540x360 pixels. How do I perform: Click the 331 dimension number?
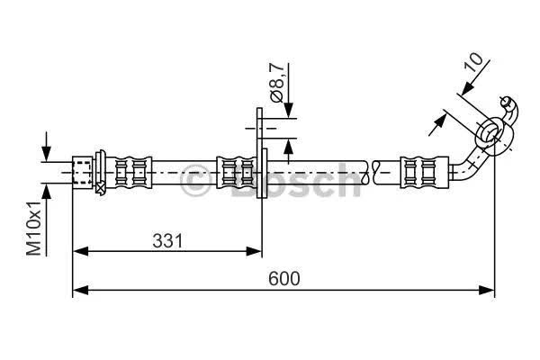[167, 241]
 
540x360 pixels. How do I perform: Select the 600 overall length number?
[284, 278]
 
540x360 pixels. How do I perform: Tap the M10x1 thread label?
[34, 229]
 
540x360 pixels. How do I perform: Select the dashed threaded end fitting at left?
[83, 172]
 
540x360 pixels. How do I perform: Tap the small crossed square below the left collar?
[100, 188]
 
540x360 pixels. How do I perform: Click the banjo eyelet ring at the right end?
[494, 135]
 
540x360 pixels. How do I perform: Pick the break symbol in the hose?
[371, 172]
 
